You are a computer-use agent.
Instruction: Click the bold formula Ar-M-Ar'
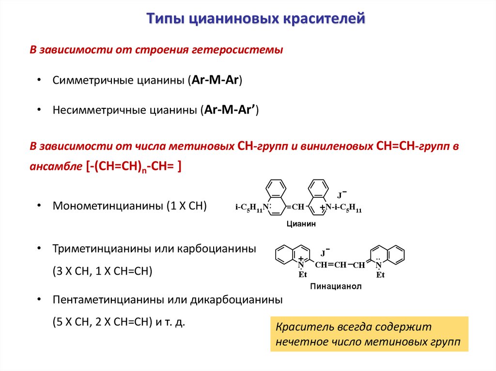pyautogui.click(x=231, y=110)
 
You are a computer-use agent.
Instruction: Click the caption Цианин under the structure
pyautogui.click(x=300, y=223)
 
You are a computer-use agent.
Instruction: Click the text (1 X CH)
pyautogui.click(x=186, y=206)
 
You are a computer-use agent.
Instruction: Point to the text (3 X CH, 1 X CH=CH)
pyautogui.click(x=103, y=271)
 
